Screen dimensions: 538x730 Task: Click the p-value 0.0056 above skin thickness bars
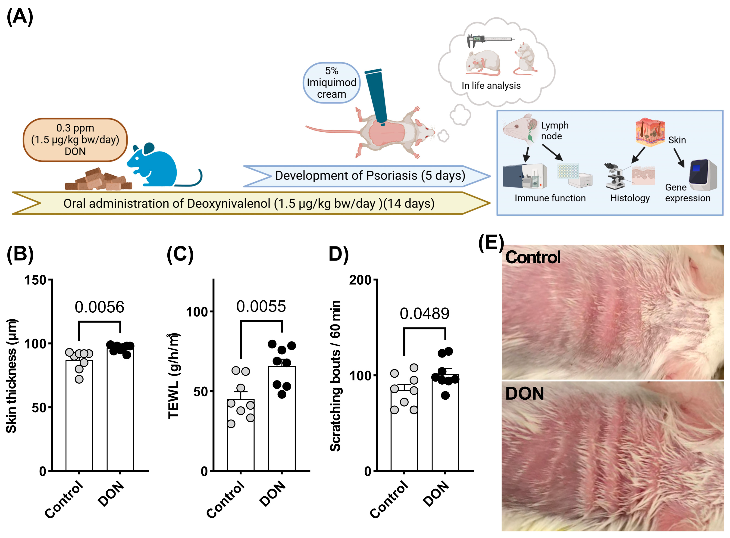(99, 307)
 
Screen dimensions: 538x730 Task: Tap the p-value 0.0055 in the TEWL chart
(261, 306)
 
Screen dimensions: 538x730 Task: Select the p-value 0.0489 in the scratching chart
(424, 314)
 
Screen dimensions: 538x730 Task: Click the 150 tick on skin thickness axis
(35, 280)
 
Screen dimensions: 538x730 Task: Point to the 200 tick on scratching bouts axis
(360, 280)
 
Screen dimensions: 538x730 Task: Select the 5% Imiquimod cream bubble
(331, 83)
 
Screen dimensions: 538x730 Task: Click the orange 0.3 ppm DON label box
(75, 140)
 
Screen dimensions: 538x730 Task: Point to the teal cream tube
(376, 96)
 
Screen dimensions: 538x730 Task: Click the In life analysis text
(491, 86)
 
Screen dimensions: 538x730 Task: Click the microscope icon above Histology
(614, 176)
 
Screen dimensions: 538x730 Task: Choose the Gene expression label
(687, 193)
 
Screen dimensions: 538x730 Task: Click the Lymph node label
(555, 131)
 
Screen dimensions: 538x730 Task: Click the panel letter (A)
(20, 17)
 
